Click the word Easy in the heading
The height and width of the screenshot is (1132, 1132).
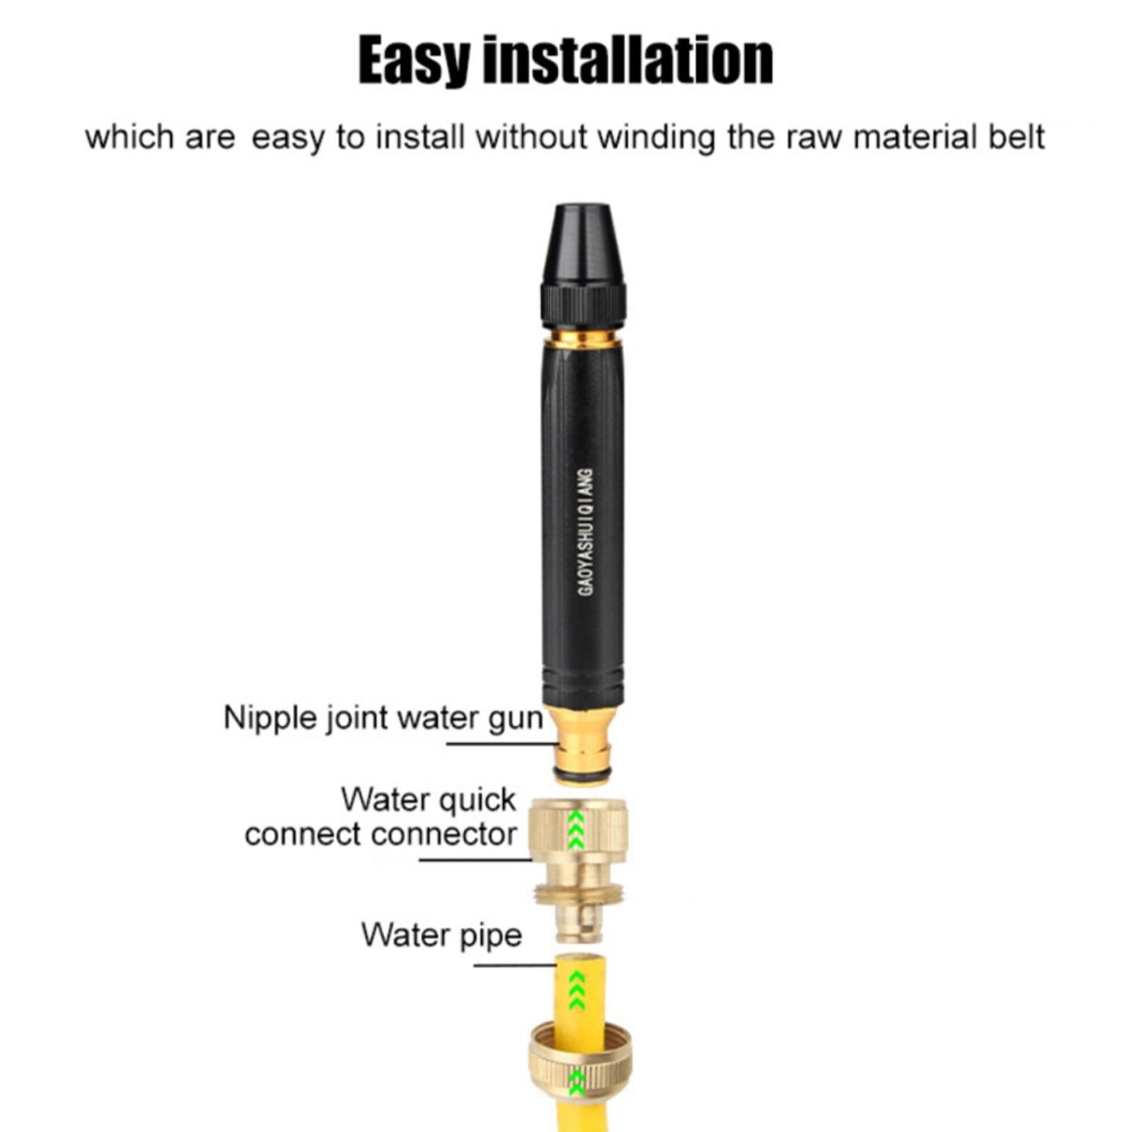[414, 62]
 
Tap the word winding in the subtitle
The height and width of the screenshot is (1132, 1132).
[657, 138]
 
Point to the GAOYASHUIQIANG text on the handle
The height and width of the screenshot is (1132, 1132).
[586, 531]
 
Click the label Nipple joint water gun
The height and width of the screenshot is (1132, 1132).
[383, 719]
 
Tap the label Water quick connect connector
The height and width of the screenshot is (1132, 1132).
[381, 817]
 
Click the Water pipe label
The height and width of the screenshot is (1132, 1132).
[441, 935]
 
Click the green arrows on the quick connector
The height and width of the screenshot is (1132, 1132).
[577, 829]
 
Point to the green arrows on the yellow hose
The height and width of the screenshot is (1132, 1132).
[577, 990]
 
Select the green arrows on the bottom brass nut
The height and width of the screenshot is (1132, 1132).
[577, 1082]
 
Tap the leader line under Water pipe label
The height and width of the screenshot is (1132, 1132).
[515, 965]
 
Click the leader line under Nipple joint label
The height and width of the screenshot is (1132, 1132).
[502, 744]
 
